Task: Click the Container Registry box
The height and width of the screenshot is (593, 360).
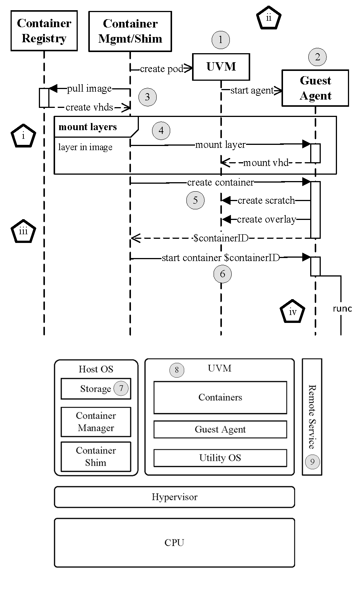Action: [x=44, y=31]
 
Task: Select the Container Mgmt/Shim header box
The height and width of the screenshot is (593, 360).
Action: [x=130, y=31]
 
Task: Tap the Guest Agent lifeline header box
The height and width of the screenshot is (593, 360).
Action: [x=315, y=88]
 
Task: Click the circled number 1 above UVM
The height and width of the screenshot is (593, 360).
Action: [x=220, y=40]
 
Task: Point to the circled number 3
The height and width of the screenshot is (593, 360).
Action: [x=147, y=97]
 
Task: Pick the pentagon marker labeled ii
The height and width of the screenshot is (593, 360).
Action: [x=269, y=18]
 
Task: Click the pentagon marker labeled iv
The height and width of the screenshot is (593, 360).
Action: [x=292, y=312]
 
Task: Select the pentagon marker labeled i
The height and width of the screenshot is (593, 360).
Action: [x=23, y=136]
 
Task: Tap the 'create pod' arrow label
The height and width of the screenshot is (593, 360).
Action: [x=162, y=69]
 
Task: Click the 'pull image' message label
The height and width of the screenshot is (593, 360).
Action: [x=89, y=89]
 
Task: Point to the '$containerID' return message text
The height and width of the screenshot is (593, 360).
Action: [x=221, y=238]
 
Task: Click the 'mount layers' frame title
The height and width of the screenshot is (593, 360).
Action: [x=88, y=127]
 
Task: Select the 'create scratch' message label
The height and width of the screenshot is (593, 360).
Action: [x=266, y=200]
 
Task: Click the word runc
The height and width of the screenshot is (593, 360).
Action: [x=342, y=309]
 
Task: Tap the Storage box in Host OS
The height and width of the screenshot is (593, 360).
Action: [x=95, y=389]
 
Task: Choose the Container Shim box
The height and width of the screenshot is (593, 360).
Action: [x=95, y=456]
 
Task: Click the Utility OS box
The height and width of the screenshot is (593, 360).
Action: [x=220, y=458]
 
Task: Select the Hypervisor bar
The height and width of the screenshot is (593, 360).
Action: [x=174, y=497]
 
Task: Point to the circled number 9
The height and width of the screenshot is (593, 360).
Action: [x=312, y=462]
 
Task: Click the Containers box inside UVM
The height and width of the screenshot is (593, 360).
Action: [x=220, y=397]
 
